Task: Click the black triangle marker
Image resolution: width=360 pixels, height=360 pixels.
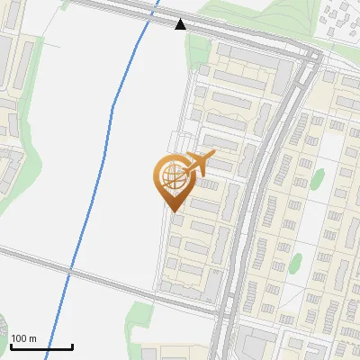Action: (x=181, y=24)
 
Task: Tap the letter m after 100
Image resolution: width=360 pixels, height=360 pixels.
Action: (x=32, y=339)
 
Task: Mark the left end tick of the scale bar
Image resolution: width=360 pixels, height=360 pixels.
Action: (x=11, y=346)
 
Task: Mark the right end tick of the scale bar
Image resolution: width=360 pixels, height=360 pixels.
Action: (x=72, y=346)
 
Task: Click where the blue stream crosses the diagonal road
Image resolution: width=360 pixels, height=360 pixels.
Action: (x=68, y=270)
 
